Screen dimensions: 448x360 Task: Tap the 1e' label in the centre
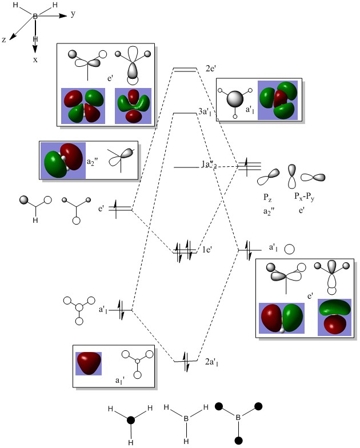[208, 250]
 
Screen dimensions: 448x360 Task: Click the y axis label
[73, 14]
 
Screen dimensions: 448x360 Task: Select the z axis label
[5, 41]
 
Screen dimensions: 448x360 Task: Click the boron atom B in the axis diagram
[35, 18]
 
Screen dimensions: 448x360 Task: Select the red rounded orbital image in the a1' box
[89, 363]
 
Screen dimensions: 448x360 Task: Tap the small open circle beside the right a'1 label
[290, 249]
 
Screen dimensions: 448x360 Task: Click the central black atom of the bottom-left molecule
[130, 420]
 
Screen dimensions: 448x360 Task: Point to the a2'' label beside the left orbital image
[92, 162]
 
